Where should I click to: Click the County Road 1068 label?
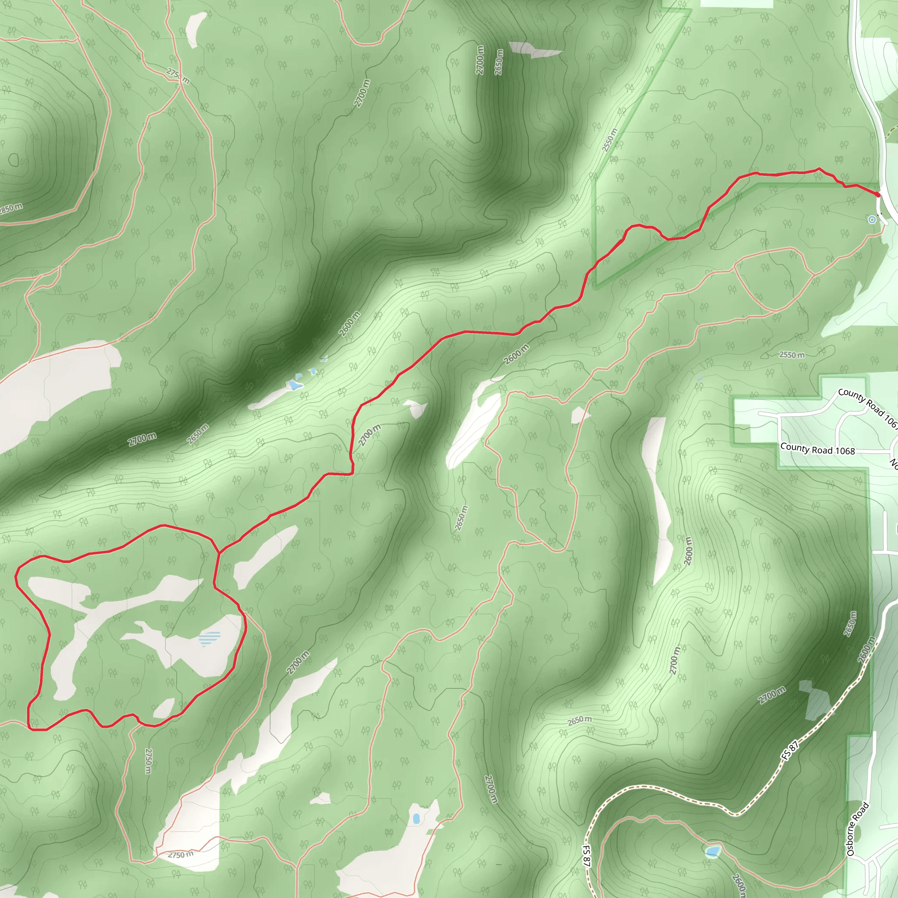coord(817,449)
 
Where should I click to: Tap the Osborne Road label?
coord(858,829)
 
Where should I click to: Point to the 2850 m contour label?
coord(10,208)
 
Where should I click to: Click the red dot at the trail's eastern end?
coord(878,195)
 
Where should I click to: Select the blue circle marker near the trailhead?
coord(872,219)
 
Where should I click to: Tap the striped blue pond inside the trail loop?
coord(210,638)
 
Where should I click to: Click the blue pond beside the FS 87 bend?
coord(712,852)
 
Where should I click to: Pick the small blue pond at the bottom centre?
coord(416,819)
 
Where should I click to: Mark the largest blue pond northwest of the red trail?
coord(294,385)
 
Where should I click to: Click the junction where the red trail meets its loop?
coord(218,553)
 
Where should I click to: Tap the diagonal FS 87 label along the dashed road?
coord(789,750)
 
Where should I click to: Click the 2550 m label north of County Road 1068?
coord(791,355)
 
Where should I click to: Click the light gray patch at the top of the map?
coord(535,49)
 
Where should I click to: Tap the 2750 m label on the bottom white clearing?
coord(180,855)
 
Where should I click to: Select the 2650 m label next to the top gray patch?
coord(499,62)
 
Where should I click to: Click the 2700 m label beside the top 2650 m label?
coord(480,60)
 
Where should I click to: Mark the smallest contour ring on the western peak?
coord(14,160)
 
